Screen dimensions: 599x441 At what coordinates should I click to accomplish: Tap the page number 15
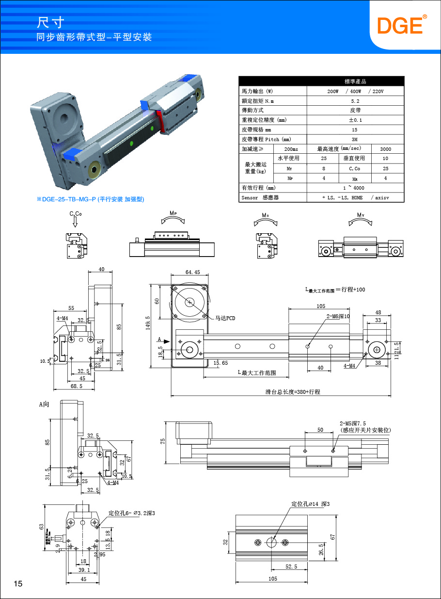(18, 583)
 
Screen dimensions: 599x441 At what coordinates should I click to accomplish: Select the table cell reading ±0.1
(355, 120)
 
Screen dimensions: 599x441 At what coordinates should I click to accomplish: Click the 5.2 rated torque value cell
(355, 101)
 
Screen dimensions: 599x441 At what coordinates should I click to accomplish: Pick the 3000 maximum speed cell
(386, 149)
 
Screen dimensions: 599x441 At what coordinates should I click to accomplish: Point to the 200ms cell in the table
(291, 149)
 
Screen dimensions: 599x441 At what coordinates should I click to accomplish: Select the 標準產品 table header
(355, 81)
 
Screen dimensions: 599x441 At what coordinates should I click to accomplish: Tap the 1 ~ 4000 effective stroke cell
(355, 188)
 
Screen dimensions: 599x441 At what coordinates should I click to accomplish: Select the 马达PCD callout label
(225, 318)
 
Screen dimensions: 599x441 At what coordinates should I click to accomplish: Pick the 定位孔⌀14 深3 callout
(310, 504)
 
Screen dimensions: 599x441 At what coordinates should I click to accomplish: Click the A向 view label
(44, 404)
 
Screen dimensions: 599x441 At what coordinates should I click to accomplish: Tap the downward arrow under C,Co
(75, 222)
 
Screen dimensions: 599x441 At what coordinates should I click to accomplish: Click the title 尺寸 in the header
(50, 22)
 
